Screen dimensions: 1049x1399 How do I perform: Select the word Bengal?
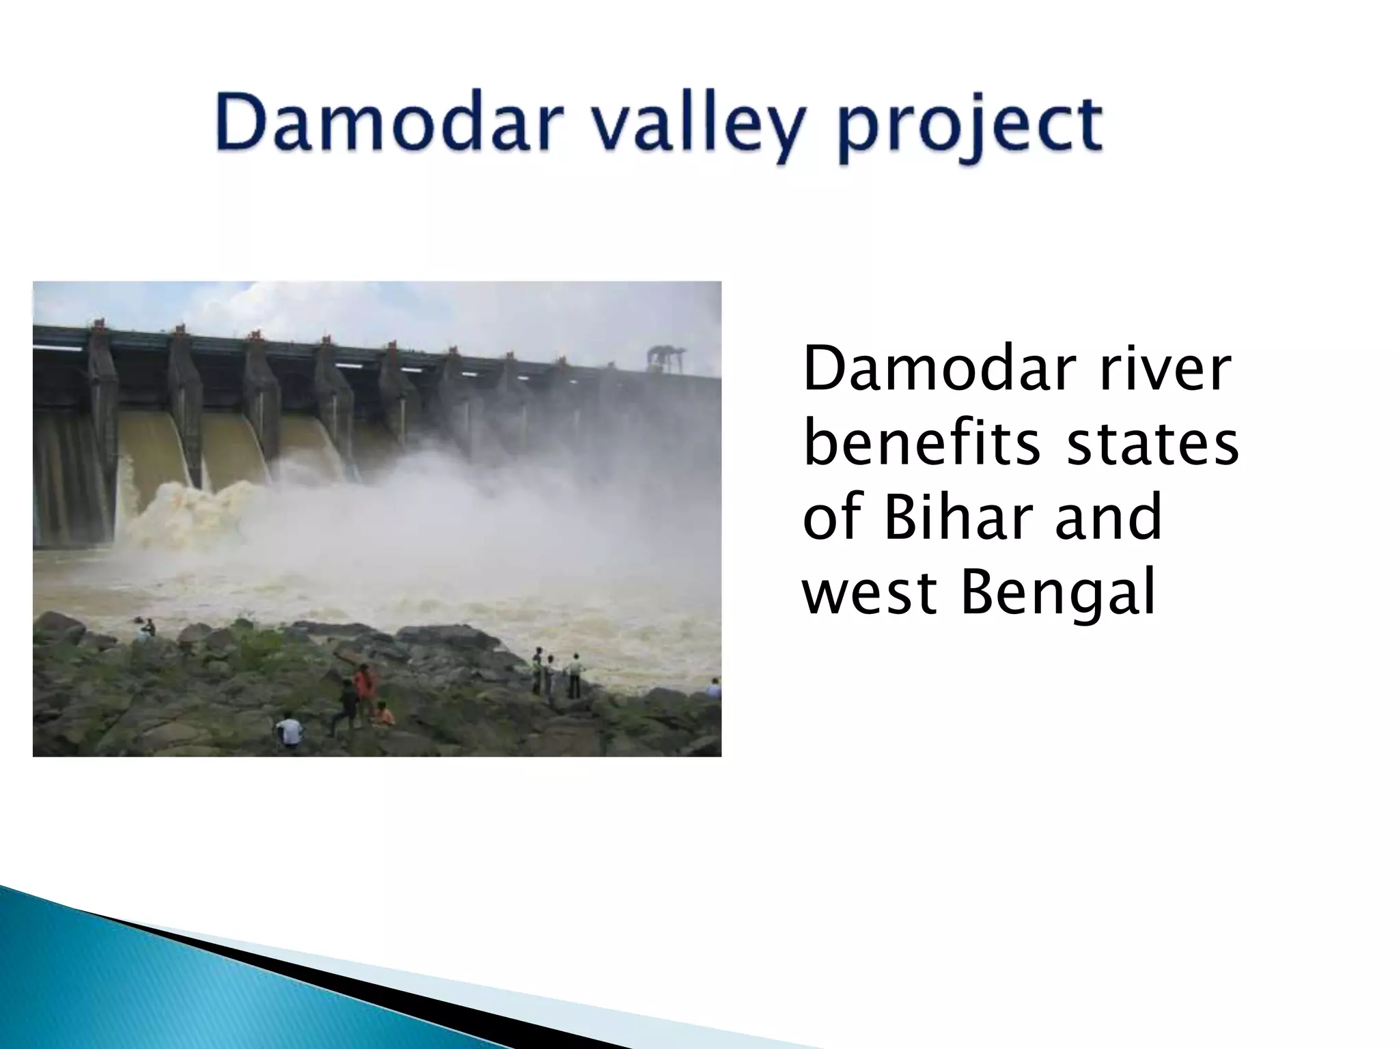[x=1057, y=593]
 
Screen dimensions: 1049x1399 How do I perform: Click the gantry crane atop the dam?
[x=666, y=356]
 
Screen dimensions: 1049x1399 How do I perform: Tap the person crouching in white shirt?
[x=290, y=731]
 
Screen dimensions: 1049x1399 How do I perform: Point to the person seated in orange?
[x=384, y=714]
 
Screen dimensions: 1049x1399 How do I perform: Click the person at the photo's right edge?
[x=713, y=688]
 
